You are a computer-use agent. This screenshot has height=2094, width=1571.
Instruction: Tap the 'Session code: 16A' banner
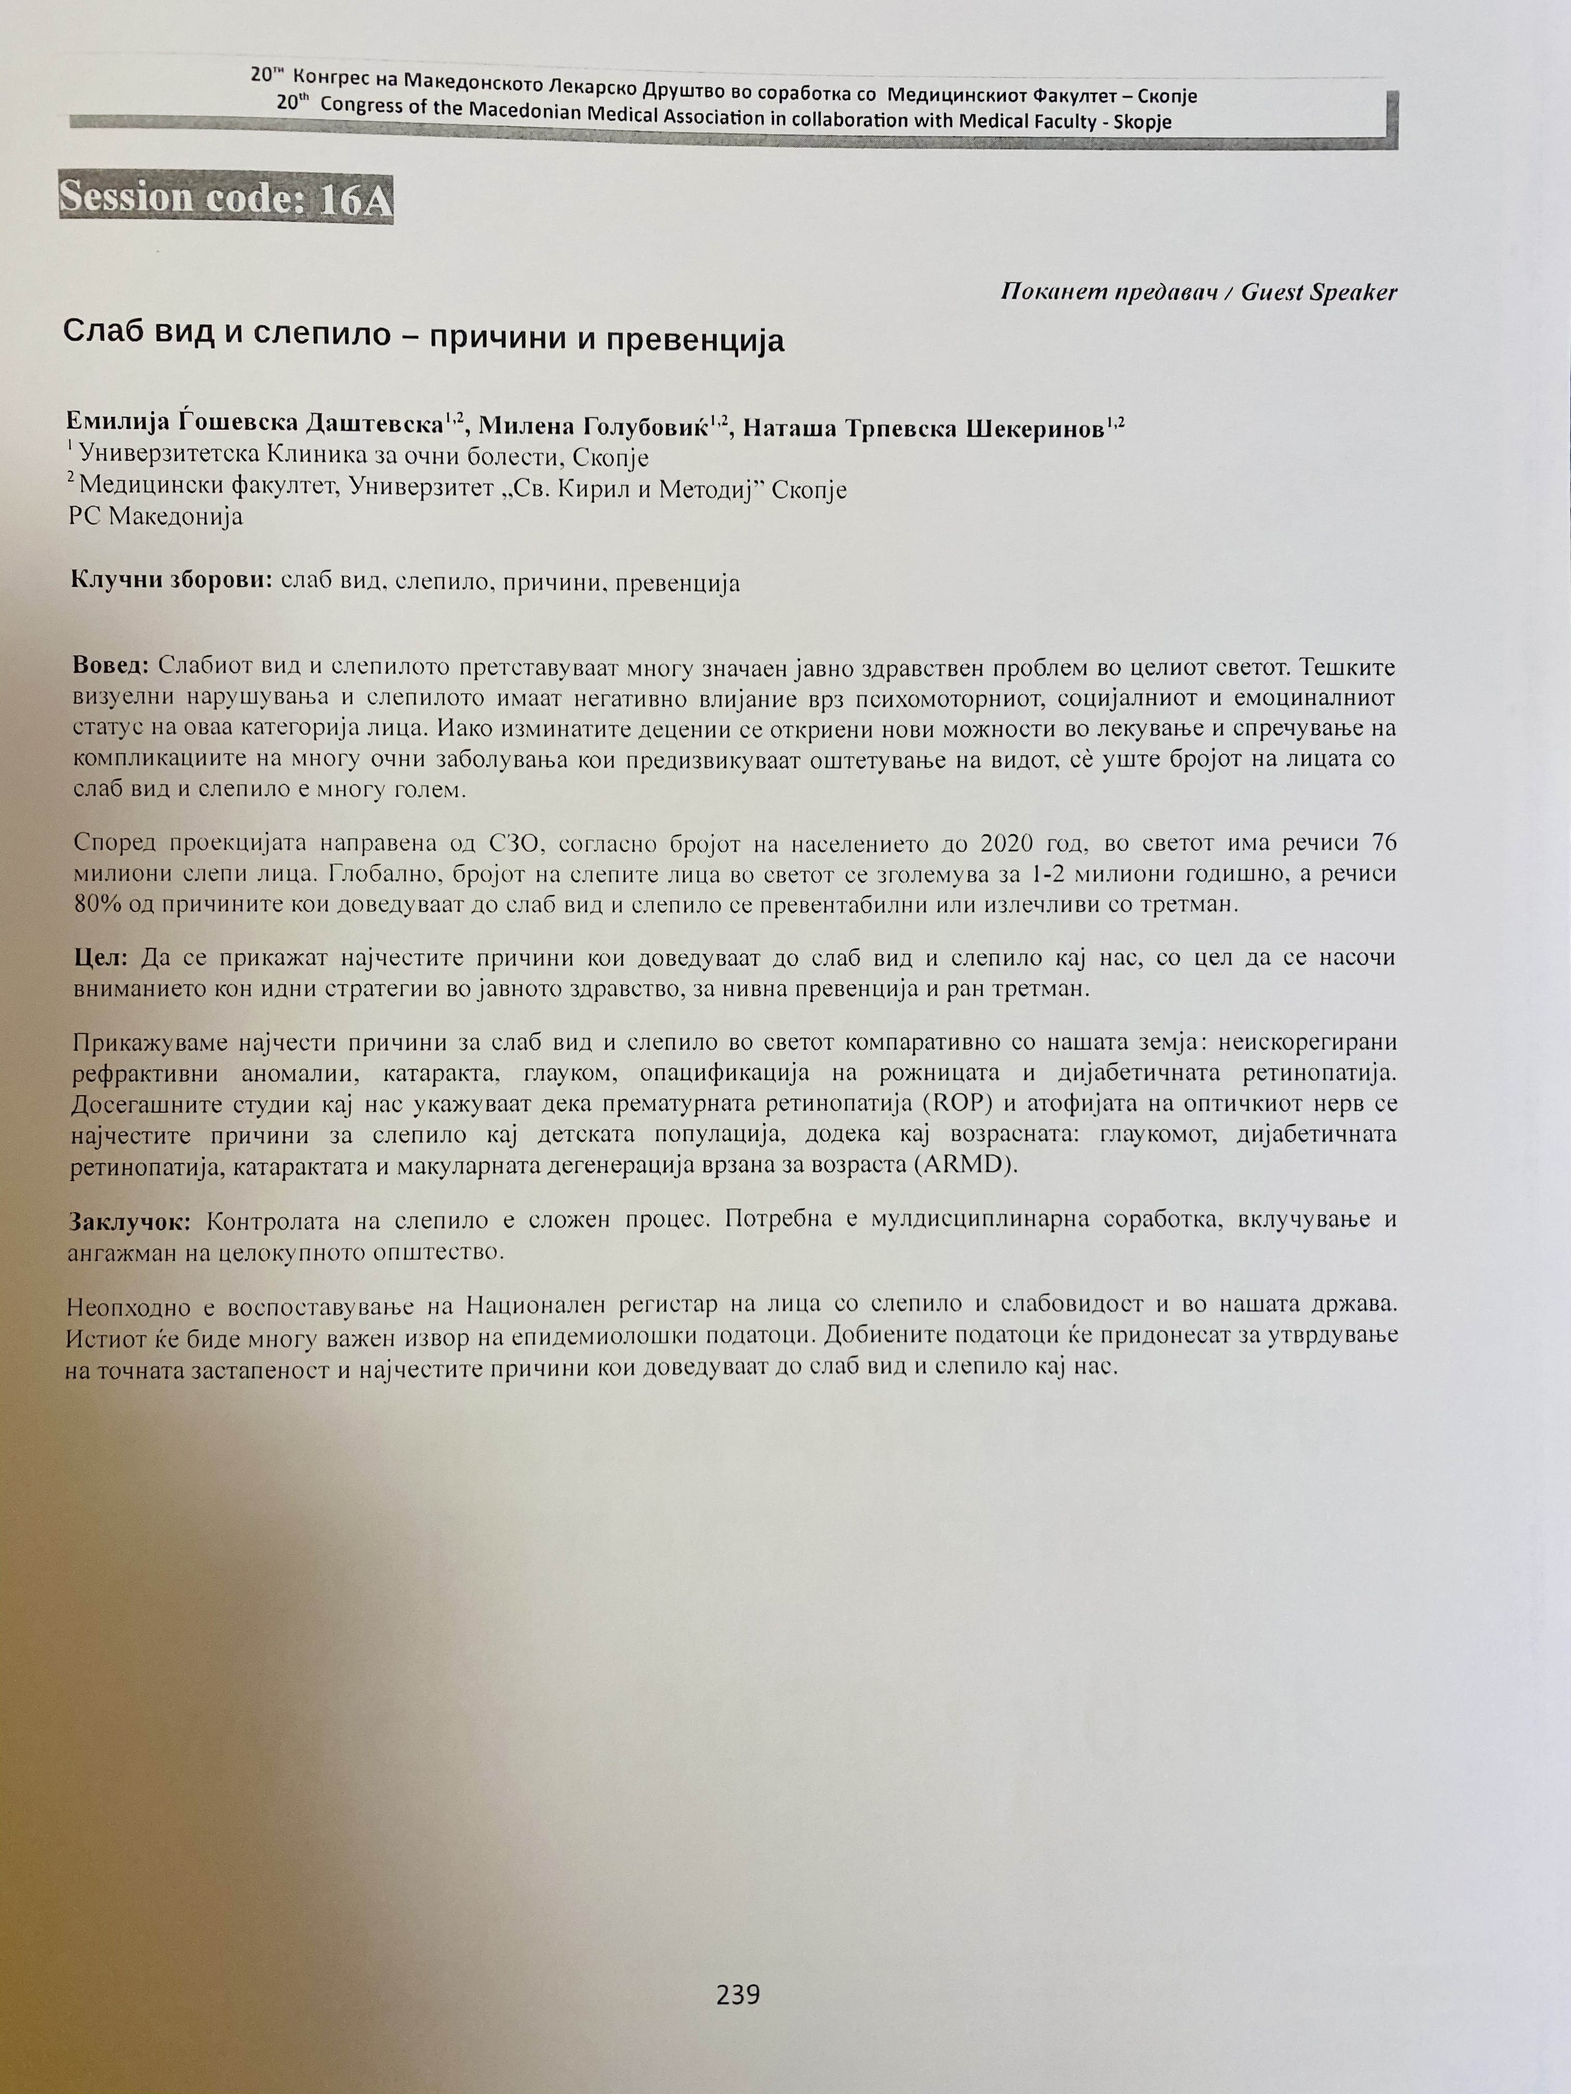[x=225, y=198]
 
